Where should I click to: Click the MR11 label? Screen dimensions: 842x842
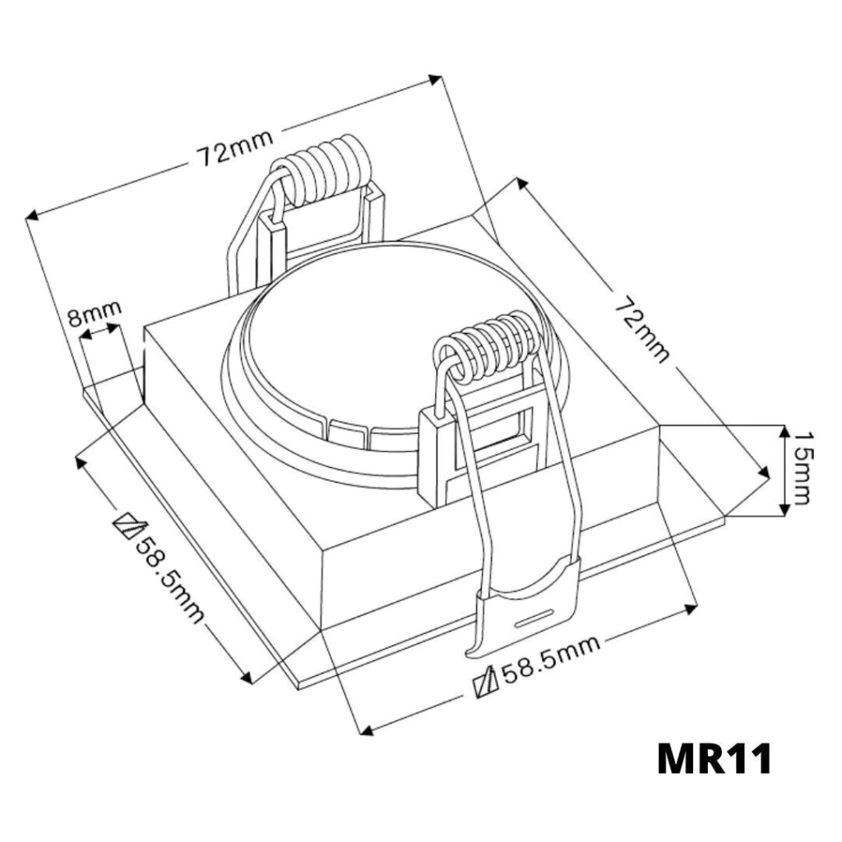tap(715, 759)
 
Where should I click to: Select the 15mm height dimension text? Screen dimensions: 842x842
tap(803, 468)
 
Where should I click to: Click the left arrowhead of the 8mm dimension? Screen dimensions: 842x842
tap(86, 335)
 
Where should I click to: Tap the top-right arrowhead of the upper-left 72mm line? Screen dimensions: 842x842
tap(436, 80)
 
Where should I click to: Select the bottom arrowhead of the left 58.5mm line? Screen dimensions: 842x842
tap(248, 678)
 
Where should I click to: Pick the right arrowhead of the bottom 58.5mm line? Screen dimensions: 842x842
tap(691, 608)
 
